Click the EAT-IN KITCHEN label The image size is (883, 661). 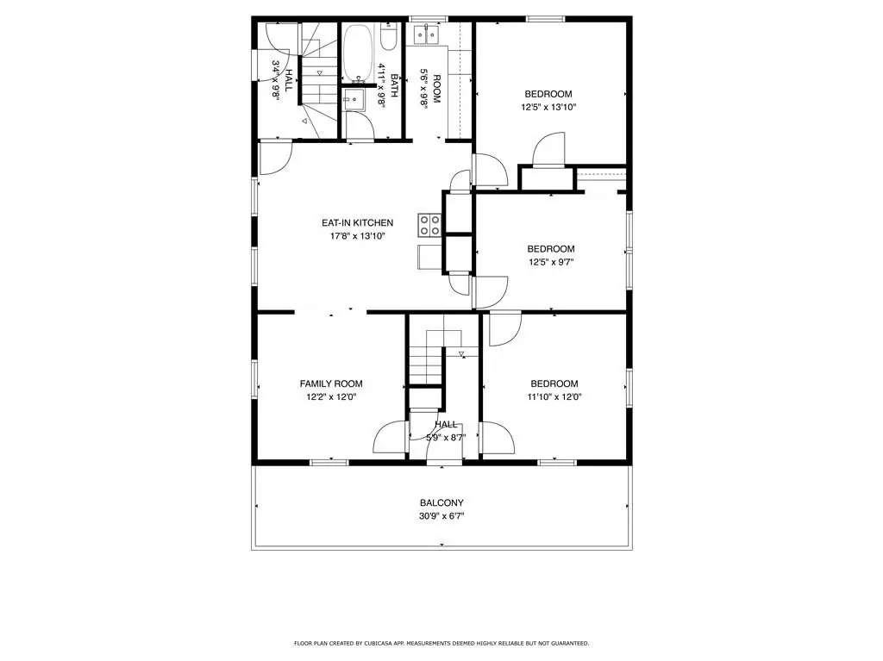[x=357, y=223]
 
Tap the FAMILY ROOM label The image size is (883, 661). [x=331, y=384]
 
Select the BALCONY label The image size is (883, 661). [x=441, y=502]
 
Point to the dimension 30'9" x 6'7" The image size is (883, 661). [x=441, y=515]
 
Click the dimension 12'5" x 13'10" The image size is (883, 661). [x=548, y=107]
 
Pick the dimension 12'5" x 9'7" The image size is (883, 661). [x=551, y=262]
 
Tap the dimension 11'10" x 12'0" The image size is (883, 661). [x=554, y=397]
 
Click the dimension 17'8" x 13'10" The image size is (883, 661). [x=358, y=236]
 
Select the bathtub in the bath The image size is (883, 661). [x=358, y=53]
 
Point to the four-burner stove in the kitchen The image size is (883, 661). [x=429, y=225]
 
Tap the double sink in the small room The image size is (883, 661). [x=426, y=34]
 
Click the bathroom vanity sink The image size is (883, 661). [x=354, y=99]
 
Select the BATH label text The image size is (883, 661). [x=394, y=85]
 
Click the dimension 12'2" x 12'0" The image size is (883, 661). [x=331, y=397]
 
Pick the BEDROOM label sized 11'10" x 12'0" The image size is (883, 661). [x=554, y=384]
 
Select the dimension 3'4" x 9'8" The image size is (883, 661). [x=276, y=79]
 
